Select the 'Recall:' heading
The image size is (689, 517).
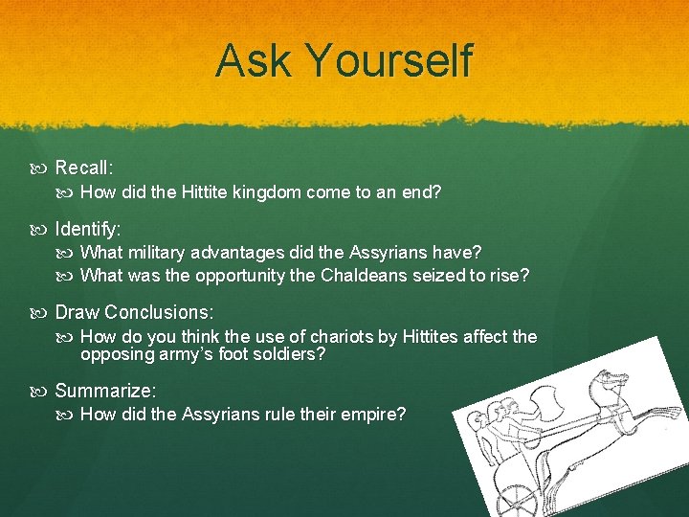pos(84,168)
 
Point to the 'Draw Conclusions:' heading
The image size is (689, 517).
pos(134,313)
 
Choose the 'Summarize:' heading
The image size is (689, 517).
pos(105,391)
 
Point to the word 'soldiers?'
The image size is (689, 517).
pos(292,354)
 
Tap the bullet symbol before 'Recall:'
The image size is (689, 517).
pos(44,169)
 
